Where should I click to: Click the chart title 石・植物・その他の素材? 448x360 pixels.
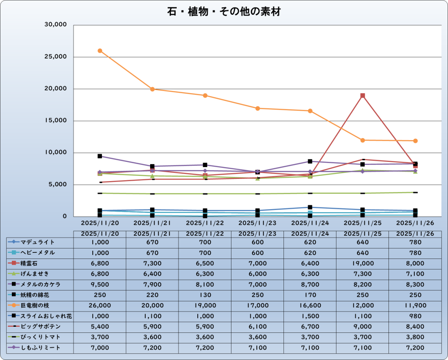pyautogui.click(x=224, y=12)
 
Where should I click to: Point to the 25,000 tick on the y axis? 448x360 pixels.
pyautogui.click(x=55, y=57)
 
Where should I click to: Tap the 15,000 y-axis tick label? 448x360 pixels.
pyautogui.click(x=55, y=121)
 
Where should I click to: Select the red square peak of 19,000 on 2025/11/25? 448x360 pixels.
pyautogui.click(x=363, y=95)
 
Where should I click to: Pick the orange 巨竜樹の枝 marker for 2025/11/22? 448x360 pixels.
pyautogui.click(x=205, y=95)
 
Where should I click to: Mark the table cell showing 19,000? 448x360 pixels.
pyautogui.click(x=363, y=263)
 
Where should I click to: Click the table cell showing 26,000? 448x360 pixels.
pyautogui.click(x=100, y=305)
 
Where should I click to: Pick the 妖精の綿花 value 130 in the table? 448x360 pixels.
pyautogui.click(x=205, y=295)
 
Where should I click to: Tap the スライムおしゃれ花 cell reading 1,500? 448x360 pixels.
pyautogui.click(x=310, y=316)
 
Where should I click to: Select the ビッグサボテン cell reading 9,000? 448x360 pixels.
pyautogui.click(x=363, y=326)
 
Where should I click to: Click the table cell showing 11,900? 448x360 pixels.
pyautogui.click(x=415, y=305)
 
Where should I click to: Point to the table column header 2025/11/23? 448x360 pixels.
pyautogui.click(x=258, y=234)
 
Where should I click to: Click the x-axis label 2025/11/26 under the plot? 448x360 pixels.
pyautogui.click(x=415, y=222)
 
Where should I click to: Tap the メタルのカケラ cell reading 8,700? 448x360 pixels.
pyautogui.click(x=310, y=284)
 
